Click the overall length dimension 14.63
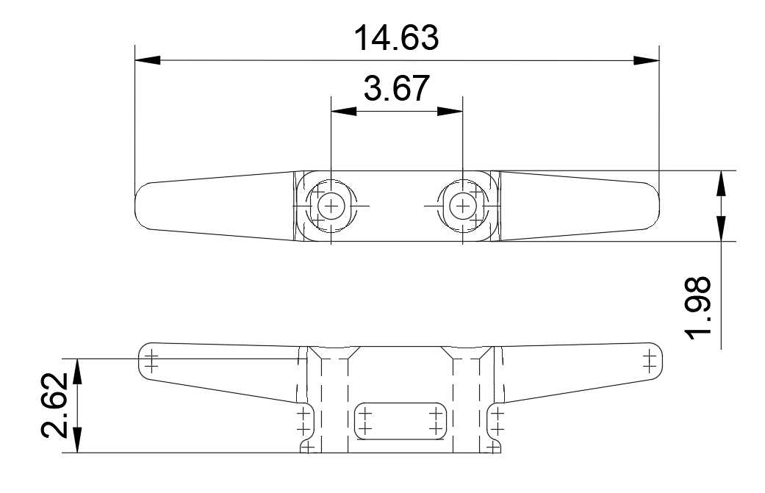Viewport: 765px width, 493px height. click(x=397, y=38)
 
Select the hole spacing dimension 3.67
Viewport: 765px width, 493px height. click(x=397, y=89)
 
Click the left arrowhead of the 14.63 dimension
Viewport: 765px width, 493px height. click(x=147, y=60)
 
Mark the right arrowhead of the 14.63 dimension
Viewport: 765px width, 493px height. click(x=647, y=60)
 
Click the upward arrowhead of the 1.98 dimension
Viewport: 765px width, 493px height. click(x=723, y=183)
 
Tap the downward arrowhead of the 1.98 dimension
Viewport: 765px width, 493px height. click(x=723, y=228)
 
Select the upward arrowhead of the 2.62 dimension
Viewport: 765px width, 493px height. click(x=78, y=371)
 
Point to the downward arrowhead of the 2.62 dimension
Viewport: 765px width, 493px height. click(x=78, y=440)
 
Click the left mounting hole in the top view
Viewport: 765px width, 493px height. click(x=331, y=206)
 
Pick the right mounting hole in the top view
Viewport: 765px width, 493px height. click(x=461, y=206)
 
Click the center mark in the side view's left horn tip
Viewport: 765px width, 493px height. click(x=151, y=361)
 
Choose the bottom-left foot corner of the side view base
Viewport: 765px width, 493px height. click(x=303, y=447)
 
